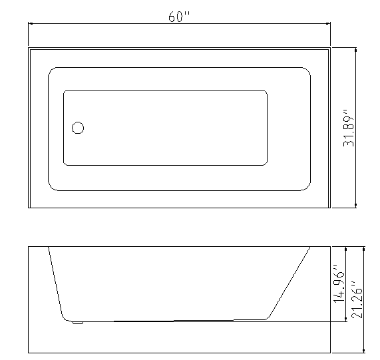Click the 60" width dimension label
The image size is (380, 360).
(x=179, y=17)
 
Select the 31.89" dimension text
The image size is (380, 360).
(x=347, y=128)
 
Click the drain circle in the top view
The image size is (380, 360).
(x=78, y=128)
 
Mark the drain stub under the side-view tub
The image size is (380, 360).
(x=78, y=323)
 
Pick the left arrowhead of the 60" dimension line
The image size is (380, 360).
(x=31, y=25)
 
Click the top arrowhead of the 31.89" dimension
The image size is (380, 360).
(x=357, y=51)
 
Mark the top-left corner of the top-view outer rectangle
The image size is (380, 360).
(x=29, y=48)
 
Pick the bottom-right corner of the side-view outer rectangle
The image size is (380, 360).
(x=331, y=352)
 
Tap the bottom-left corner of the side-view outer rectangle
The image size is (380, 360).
(x=29, y=352)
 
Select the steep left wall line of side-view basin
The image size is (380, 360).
(x=55, y=283)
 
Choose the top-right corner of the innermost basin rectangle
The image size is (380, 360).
(x=266, y=92)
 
